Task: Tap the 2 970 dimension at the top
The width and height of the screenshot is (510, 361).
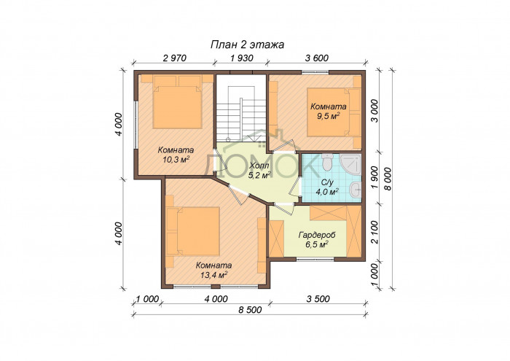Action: click(175, 59)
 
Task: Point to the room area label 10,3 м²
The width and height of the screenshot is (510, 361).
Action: click(175, 158)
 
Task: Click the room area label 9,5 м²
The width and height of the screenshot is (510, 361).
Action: click(329, 115)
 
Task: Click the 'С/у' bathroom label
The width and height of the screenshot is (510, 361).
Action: click(329, 182)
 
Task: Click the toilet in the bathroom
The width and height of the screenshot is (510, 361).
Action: click(328, 162)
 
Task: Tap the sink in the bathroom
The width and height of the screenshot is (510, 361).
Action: click(354, 190)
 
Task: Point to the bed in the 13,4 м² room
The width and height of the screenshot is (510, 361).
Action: click(193, 228)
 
